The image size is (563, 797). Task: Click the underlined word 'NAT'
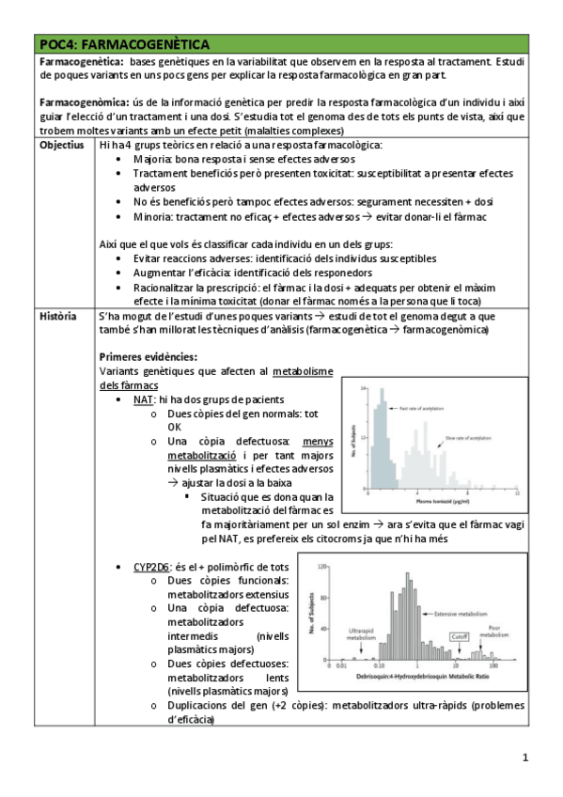click(x=143, y=399)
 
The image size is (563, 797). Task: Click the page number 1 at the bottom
click(x=525, y=758)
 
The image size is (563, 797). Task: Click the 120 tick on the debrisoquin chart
click(x=320, y=567)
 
